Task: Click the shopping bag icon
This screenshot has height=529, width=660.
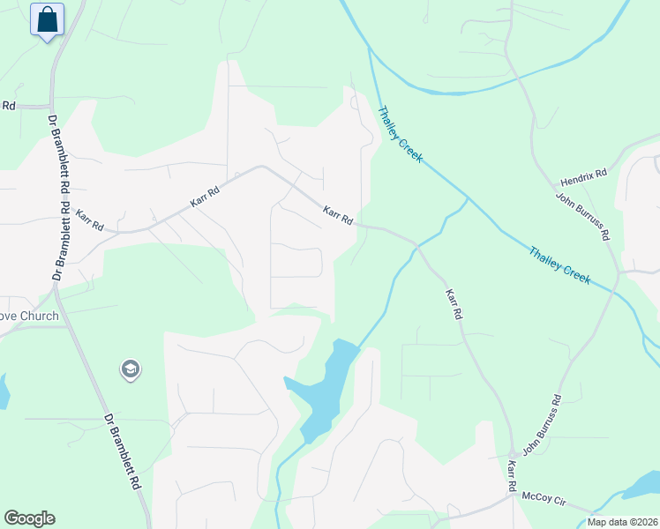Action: (x=48, y=19)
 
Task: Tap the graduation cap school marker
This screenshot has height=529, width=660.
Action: (x=131, y=369)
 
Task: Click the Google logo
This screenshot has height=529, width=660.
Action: (x=29, y=518)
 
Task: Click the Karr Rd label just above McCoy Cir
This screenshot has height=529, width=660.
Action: (x=511, y=475)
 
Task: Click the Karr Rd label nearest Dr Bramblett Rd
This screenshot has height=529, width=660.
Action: (x=89, y=220)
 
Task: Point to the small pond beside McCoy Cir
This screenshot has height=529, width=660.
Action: (x=642, y=486)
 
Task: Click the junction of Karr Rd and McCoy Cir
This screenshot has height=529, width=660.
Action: (x=513, y=495)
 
